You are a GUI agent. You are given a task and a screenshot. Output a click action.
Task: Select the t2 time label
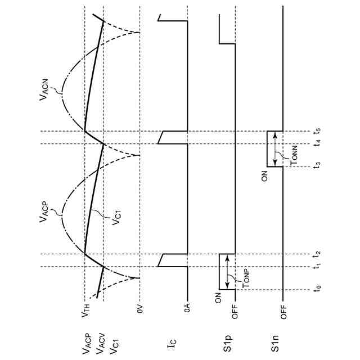pos(318,254)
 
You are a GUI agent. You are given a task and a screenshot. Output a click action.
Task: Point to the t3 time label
pos(318,165)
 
